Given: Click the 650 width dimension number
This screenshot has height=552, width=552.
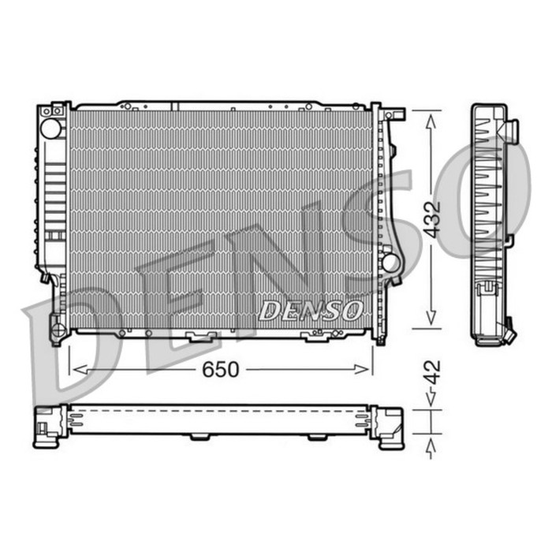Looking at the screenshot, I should click(220, 370).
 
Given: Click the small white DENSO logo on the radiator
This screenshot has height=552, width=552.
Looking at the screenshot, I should click(310, 310).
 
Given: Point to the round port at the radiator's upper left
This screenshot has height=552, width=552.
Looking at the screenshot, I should click(51, 128).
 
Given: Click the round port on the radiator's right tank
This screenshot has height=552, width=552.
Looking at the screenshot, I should click(390, 261).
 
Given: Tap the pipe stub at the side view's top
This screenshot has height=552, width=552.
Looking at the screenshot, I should click(512, 129).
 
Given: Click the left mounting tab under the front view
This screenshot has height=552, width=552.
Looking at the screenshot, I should click(200, 338).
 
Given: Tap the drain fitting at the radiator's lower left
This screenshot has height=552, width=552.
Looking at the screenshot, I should click(56, 325).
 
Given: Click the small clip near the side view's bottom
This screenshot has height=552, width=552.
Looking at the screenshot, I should click(487, 289).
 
